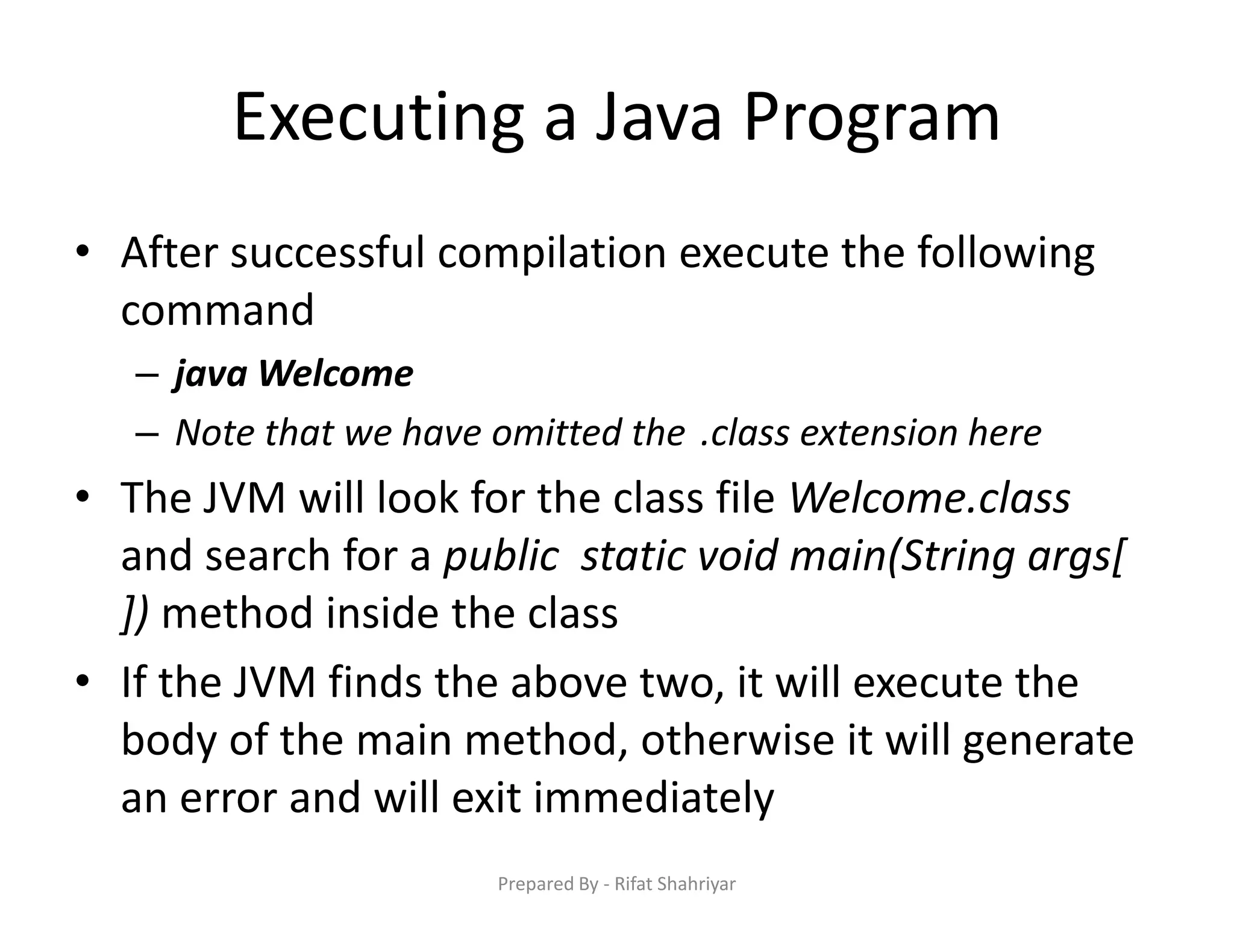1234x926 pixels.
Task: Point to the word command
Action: (218, 310)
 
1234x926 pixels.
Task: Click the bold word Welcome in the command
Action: (336, 374)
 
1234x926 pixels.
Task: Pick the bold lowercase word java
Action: (211, 374)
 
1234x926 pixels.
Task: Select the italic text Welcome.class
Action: (929, 498)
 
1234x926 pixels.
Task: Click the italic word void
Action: (738, 556)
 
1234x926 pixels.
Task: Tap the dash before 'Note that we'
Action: (147, 433)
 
